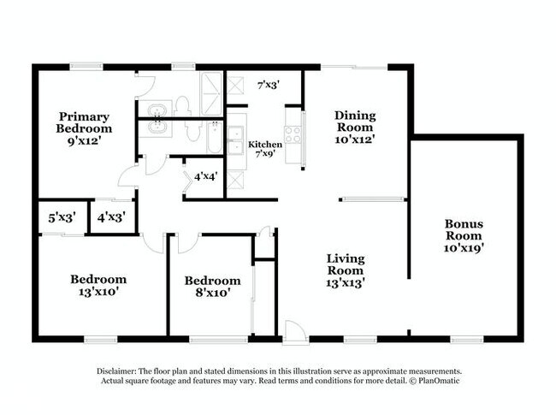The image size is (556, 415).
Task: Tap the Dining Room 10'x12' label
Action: [355, 127]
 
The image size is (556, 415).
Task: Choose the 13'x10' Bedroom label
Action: [98, 285]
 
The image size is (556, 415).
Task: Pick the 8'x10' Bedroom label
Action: [212, 287]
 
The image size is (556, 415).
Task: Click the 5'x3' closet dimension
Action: [62, 218]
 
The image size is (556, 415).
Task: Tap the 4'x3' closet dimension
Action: [111, 218]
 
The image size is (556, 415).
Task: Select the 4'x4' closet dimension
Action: [206, 177]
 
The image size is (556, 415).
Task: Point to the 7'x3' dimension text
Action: [269, 84]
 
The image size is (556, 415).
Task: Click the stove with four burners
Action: [293, 134]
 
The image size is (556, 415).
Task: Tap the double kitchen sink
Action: [235, 139]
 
